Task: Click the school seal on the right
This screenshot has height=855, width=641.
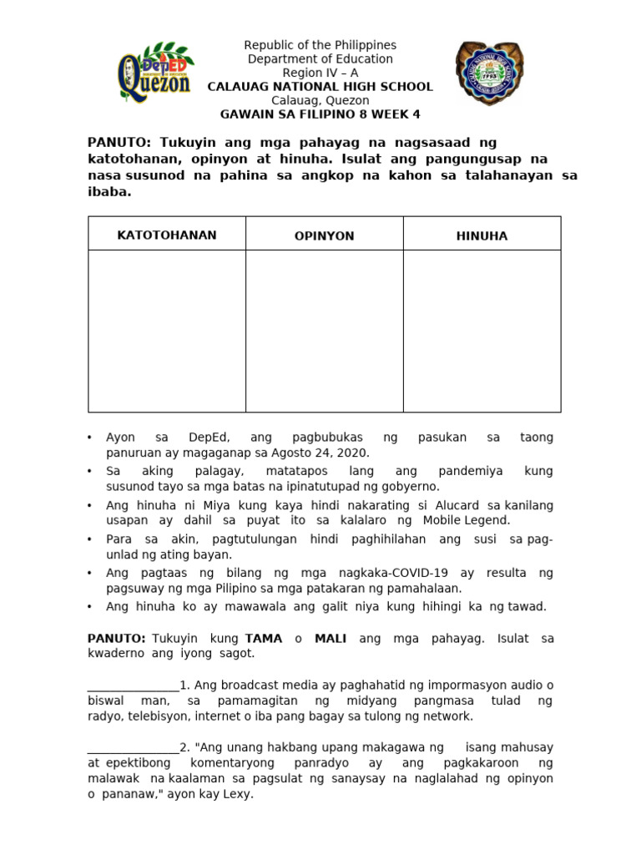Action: tap(490, 74)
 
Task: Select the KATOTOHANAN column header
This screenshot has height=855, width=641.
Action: tap(166, 235)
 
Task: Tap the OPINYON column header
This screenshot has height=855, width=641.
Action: tap(324, 235)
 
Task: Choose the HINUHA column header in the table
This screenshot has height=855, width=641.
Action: tap(482, 235)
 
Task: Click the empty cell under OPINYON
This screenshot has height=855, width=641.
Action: tap(324, 331)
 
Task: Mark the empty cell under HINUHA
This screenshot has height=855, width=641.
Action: tap(482, 331)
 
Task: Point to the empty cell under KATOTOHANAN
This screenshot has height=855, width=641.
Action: tap(166, 331)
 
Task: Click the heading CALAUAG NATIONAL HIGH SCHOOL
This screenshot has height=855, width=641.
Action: tap(320, 87)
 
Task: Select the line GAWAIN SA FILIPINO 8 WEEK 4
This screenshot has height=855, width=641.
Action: tap(320, 114)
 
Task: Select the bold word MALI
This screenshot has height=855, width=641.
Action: tap(330, 638)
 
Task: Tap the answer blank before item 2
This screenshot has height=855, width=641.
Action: tap(133, 747)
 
